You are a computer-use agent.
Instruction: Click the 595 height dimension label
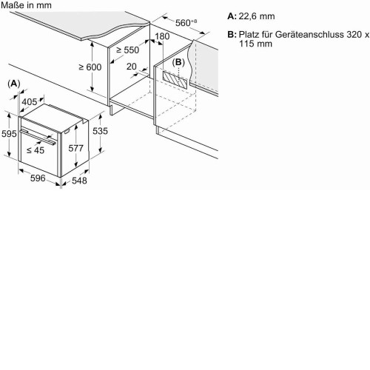(9, 134)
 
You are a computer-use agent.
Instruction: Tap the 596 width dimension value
(38, 178)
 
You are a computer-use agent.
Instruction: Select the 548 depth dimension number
(79, 181)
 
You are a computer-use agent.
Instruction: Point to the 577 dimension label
(76, 148)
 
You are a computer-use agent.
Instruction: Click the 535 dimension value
(100, 131)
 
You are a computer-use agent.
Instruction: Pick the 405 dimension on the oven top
(30, 102)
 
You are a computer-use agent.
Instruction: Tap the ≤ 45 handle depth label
(36, 150)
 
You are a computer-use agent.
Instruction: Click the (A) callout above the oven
(14, 84)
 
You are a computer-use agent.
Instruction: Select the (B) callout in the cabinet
(178, 62)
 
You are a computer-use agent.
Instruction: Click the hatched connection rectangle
(175, 80)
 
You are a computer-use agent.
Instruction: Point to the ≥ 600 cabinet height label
(90, 67)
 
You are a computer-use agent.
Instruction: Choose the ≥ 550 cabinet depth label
(128, 50)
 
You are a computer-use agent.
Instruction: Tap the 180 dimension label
(162, 36)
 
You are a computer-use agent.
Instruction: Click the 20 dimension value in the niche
(132, 67)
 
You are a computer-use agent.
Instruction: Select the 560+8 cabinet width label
(186, 22)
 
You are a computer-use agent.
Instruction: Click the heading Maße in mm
(26, 5)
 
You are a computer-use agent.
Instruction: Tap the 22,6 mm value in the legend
(257, 16)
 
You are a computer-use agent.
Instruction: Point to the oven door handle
(38, 137)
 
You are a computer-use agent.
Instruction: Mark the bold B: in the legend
(232, 34)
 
